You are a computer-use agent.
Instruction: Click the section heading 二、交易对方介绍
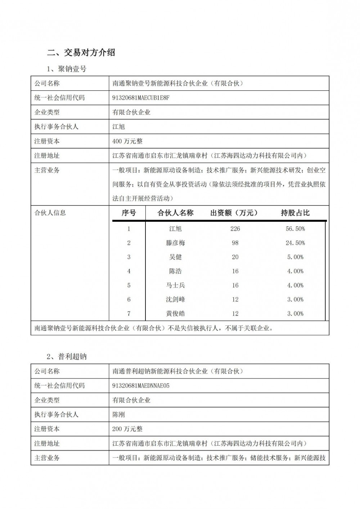[x=81, y=53]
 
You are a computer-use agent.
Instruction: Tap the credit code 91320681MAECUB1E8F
[x=141, y=98]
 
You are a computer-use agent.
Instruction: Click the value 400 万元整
[x=127, y=141]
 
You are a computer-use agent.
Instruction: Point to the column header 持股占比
[x=295, y=213]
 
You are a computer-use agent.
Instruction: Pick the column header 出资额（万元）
[x=234, y=213]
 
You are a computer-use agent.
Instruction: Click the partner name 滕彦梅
[x=175, y=243]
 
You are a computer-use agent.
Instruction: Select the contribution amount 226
[x=235, y=229]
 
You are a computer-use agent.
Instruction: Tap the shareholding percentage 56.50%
[x=295, y=229]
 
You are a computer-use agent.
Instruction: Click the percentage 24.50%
[x=295, y=243]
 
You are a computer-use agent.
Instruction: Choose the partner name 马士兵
[x=175, y=285]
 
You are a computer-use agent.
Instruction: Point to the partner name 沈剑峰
[x=175, y=299]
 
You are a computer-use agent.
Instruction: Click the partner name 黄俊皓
[x=175, y=314]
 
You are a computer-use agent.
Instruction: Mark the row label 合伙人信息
[x=50, y=213]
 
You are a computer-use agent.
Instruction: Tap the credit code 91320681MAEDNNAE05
[x=141, y=386]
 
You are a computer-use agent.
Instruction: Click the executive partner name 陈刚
[x=119, y=414]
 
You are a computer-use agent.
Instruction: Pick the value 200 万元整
[x=127, y=429]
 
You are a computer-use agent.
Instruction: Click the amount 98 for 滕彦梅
[x=235, y=243]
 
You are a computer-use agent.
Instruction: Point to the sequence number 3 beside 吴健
[x=129, y=257]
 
